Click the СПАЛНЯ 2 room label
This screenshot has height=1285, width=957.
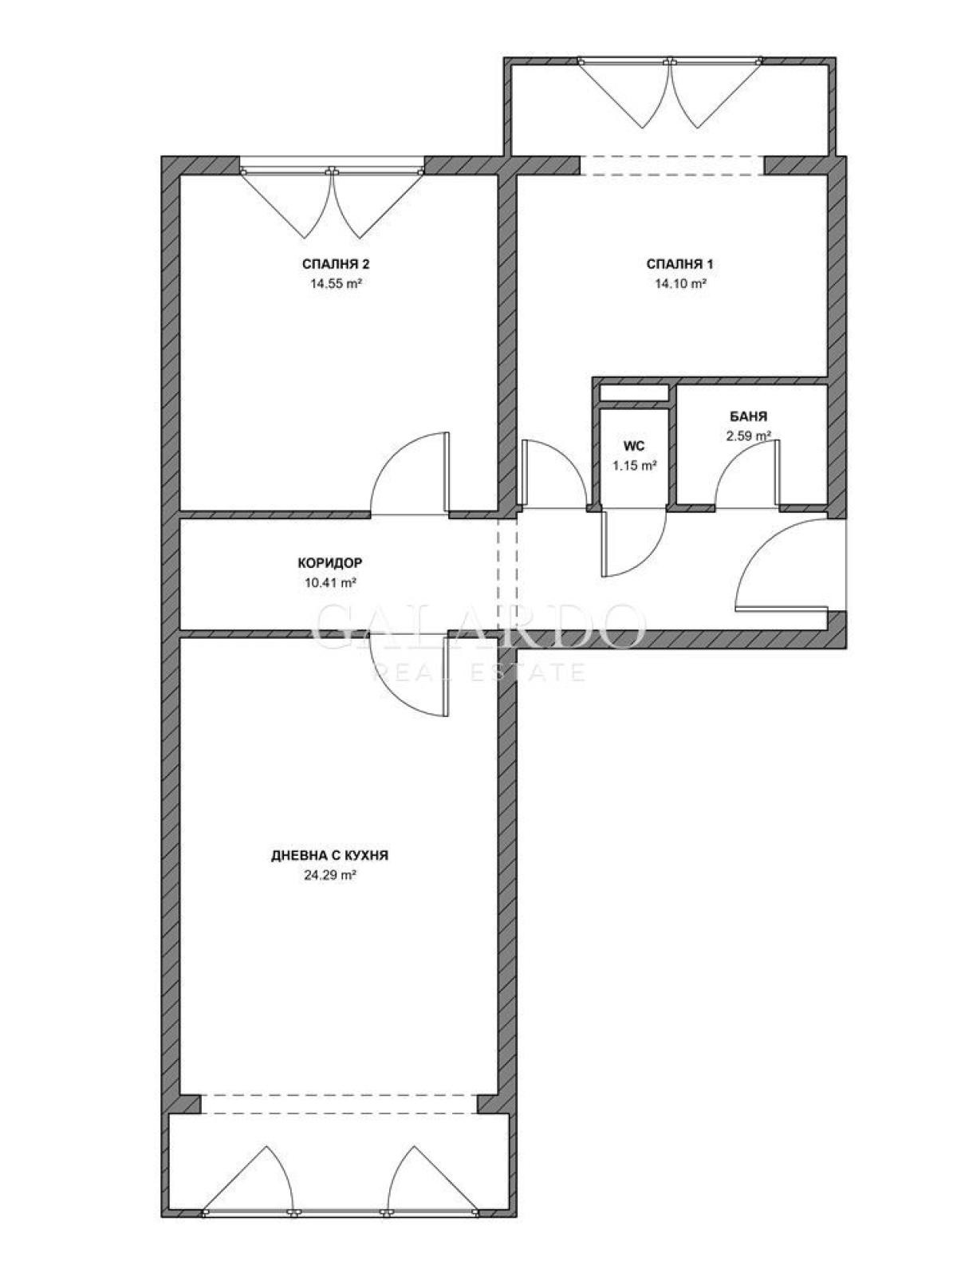point(336,264)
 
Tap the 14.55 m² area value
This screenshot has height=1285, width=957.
point(336,284)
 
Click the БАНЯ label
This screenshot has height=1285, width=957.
point(748,416)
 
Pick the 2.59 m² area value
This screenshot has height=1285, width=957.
point(748,436)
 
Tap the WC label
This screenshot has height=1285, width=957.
point(634,446)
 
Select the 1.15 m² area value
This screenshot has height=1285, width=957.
point(634,466)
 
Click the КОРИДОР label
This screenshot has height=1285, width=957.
point(329,562)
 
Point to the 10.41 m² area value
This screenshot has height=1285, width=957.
point(329,582)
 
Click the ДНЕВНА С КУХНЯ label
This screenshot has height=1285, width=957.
point(329,856)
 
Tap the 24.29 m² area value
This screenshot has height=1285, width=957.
point(329,875)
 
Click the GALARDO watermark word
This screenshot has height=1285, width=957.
point(479,625)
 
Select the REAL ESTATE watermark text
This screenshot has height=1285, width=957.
point(479,672)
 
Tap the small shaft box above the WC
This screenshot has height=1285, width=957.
point(634,392)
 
